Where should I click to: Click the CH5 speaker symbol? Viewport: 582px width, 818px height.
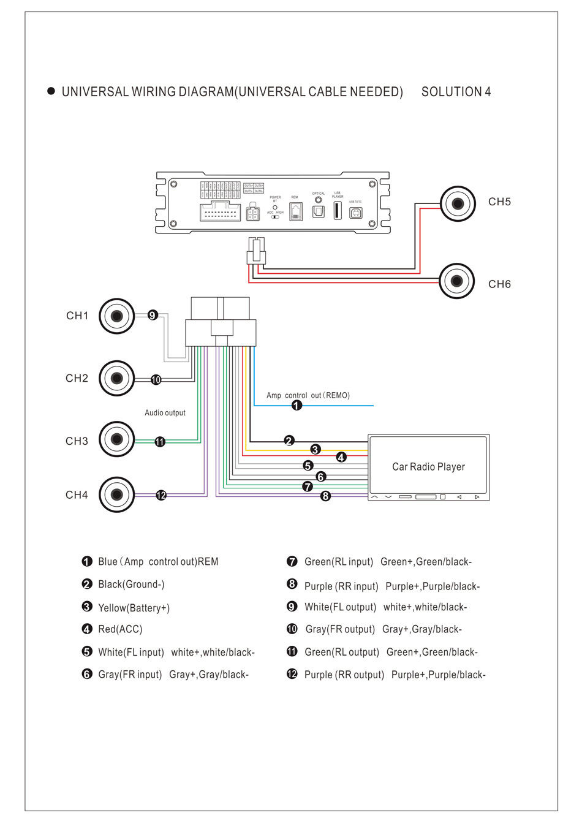point(458,203)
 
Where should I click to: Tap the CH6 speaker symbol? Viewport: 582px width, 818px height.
point(456,281)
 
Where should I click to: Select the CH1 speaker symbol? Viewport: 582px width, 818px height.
point(116,316)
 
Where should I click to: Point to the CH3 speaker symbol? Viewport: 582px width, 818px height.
point(116,439)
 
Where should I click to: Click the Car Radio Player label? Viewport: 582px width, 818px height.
point(428,467)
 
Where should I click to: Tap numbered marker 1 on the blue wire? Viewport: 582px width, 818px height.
point(297,406)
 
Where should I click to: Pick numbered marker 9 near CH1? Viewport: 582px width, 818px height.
point(153,315)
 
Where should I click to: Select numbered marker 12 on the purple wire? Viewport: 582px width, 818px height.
point(161,495)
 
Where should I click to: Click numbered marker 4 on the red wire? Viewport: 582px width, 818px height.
point(341,457)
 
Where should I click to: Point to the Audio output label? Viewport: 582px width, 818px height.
point(165,413)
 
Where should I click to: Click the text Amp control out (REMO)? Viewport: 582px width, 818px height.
point(308,395)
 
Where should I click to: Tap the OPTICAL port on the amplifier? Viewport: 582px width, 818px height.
point(319,211)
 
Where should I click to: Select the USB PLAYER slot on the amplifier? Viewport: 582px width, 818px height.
point(337,210)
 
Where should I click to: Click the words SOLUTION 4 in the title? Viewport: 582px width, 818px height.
point(456,92)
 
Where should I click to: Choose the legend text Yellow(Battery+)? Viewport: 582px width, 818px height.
point(134,608)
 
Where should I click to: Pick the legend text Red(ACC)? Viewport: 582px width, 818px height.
point(120,629)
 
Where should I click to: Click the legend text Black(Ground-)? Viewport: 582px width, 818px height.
point(131,585)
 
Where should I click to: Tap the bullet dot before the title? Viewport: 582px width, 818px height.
point(51,91)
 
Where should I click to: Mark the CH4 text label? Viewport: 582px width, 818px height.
point(77,495)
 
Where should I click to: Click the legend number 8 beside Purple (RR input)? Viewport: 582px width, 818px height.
point(292,584)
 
